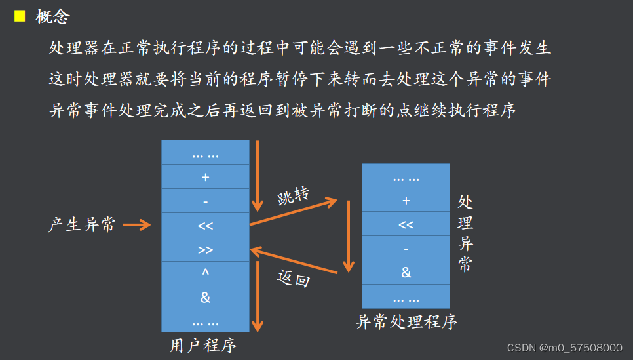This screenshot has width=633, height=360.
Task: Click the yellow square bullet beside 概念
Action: coord(20,16)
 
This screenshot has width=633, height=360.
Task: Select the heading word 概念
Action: coord(52,17)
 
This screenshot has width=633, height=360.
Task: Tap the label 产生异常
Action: coord(82,225)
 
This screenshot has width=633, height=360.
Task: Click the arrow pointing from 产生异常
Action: coord(137,225)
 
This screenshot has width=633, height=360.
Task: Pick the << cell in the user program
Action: coord(205,225)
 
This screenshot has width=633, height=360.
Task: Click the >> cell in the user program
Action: coord(205,249)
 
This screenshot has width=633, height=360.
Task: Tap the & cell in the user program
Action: coord(205,297)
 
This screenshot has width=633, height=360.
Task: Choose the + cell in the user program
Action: coord(205,176)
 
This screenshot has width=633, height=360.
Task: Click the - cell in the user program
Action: coord(205,201)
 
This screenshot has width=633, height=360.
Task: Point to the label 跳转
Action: coord(292,197)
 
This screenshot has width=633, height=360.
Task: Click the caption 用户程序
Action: coord(203,345)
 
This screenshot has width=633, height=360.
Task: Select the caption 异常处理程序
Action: coord(406,321)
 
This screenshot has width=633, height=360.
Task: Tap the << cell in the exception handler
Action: coord(406,224)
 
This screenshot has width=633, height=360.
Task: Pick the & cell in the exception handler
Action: coord(406,272)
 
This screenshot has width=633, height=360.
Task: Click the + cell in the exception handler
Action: coord(406,201)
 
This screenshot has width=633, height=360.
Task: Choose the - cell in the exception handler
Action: coord(406,249)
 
